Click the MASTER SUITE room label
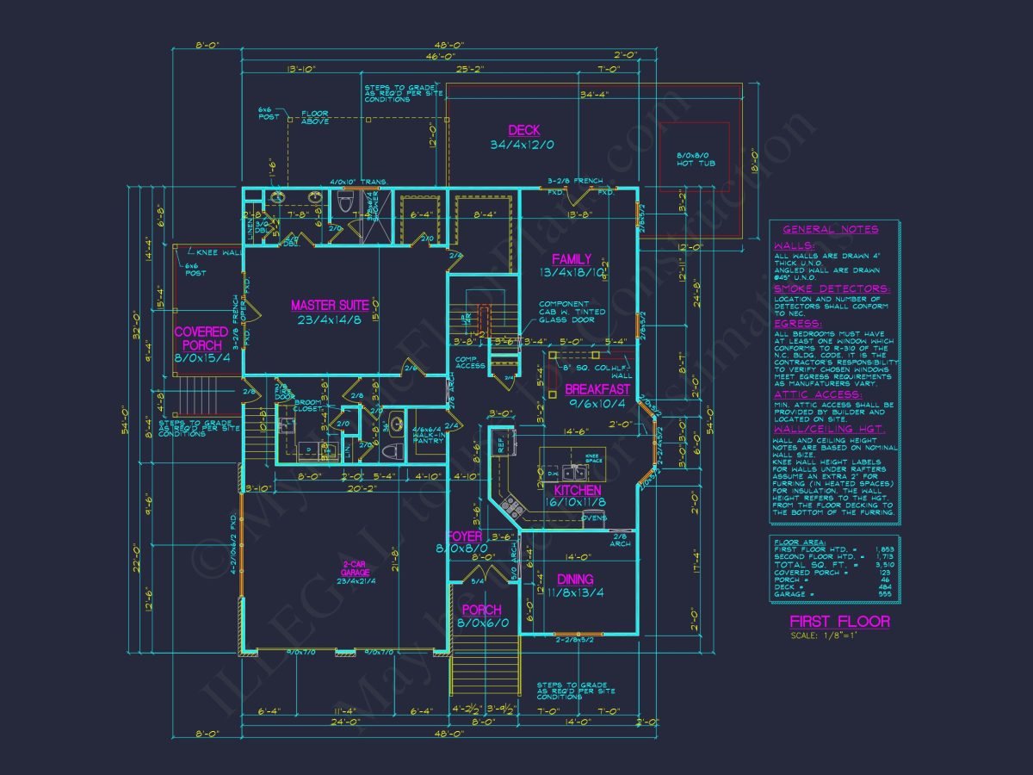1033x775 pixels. [330, 305]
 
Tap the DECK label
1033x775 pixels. [523, 130]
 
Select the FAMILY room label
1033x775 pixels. [572, 259]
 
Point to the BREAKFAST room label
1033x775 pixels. [597, 389]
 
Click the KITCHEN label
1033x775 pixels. [584, 490]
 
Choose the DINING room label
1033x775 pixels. [574, 580]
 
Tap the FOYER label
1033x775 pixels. [465, 536]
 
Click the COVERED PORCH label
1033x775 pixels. [201, 338]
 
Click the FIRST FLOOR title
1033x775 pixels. [839, 622]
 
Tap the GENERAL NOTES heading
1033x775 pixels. [831, 229]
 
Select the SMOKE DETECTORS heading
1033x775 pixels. [831, 289]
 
